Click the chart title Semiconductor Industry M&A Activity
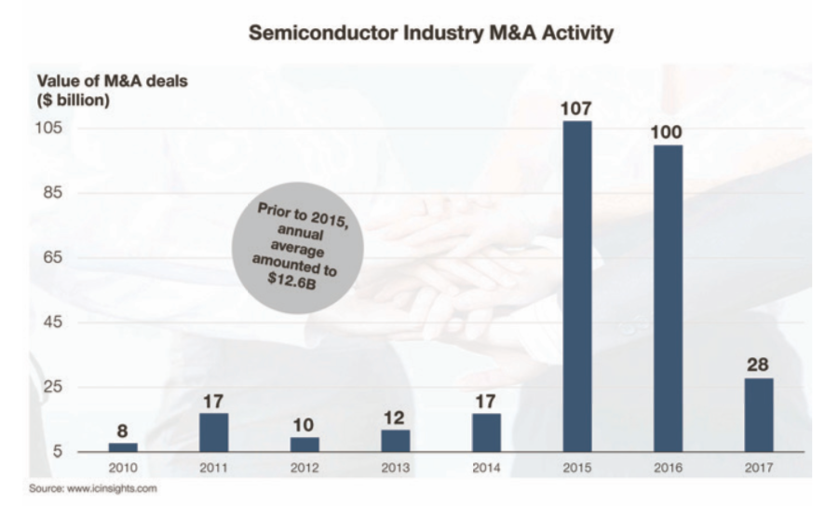430,34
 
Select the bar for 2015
577,285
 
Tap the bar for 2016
668,297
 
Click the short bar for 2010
123,446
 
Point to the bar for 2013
396,440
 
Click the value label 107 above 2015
577,108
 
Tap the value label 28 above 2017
758,364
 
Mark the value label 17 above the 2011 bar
214,401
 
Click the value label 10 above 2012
304,424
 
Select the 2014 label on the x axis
486,467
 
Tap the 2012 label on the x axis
304,467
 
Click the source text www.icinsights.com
93,487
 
